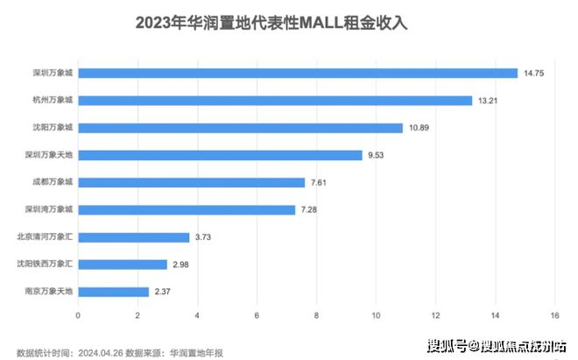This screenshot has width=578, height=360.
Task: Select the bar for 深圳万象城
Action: pos(298,73)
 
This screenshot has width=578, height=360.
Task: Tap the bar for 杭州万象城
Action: pos(275,100)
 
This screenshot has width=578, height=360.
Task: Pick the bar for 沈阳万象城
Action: pos(240,127)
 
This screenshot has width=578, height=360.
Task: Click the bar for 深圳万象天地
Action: pos(220,155)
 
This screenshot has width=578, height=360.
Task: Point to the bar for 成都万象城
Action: pos(191,182)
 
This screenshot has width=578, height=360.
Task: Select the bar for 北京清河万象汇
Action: pos(133,236)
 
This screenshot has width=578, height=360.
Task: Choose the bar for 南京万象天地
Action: pos(113,291)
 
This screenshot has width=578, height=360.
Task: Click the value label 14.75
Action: pos(534,73)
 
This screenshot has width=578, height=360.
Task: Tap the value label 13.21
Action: pos(489,100)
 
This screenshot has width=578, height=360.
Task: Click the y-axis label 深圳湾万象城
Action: pos(51,209)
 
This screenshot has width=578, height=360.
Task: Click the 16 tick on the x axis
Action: pos(554,315)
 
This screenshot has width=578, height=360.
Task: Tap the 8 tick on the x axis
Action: pos(316,315)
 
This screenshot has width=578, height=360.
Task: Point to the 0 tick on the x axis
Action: pos(78,315)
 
